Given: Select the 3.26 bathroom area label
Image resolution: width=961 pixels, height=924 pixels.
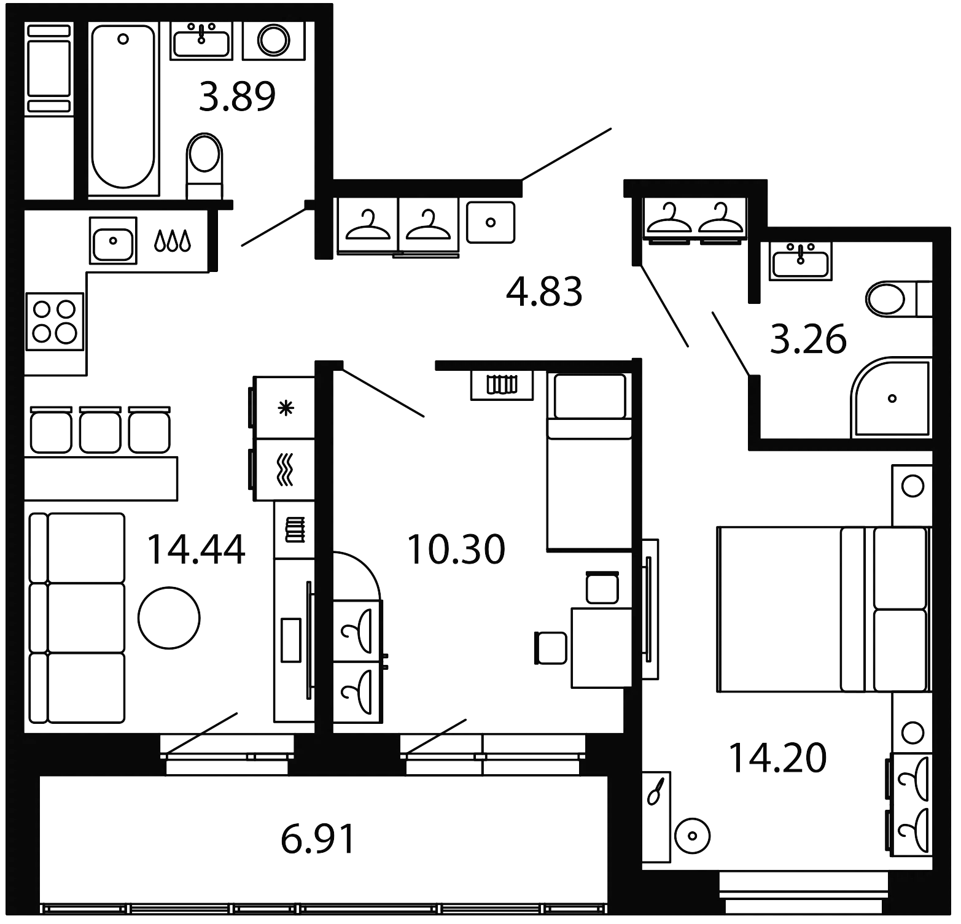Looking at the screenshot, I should (x=808, y=341).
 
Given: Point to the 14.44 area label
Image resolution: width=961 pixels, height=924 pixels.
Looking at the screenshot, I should (x=197, y=549).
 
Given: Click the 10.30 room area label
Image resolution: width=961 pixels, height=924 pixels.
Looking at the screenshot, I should (x=456, y=549).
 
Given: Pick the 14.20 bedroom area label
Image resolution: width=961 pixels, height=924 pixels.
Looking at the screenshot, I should (x=777, y=758).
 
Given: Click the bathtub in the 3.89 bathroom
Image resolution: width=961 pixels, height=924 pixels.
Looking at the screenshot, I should (x=123, y=109).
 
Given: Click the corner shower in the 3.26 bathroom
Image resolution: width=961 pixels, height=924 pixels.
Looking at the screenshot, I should (x=892, y=398).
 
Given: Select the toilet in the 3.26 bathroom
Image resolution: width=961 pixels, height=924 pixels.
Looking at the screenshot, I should (x=890, y=299).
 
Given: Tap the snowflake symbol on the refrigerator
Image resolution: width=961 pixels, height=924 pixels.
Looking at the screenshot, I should (x=284, y=408).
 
